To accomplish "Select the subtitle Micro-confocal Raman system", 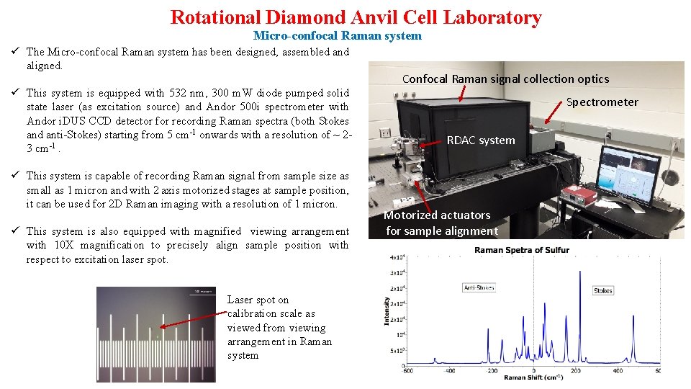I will tap(337, 35).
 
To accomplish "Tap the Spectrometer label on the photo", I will tap(602, 102).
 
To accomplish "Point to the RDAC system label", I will tap(481, 140).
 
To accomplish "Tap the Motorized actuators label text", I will tap(437, 215).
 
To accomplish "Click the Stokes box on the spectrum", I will tap(603, 291).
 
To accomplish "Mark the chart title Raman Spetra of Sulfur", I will tap(521, 250).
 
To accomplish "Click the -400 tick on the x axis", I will tap(450, 371).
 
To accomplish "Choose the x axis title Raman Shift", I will tap(533, 377).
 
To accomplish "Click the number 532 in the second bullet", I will tap(176, 93).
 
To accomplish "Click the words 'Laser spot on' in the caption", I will tap(258, 300).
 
